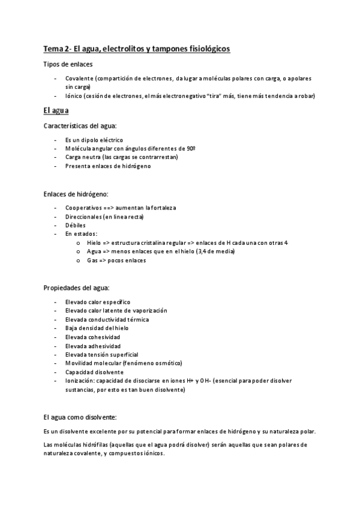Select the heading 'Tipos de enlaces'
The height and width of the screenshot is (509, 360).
click(x=68, y=64)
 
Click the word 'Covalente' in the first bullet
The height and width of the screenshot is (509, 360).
click(x=79, y=79)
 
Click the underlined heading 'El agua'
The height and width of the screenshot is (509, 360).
click(x=56, y=110)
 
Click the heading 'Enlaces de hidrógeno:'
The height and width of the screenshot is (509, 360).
click(x=76, y=194)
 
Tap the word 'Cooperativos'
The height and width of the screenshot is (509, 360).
click(x=83, y=208)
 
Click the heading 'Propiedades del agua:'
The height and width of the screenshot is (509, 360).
click(x=76, y=288)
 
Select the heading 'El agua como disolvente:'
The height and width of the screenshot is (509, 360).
click(x=80, y=417)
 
